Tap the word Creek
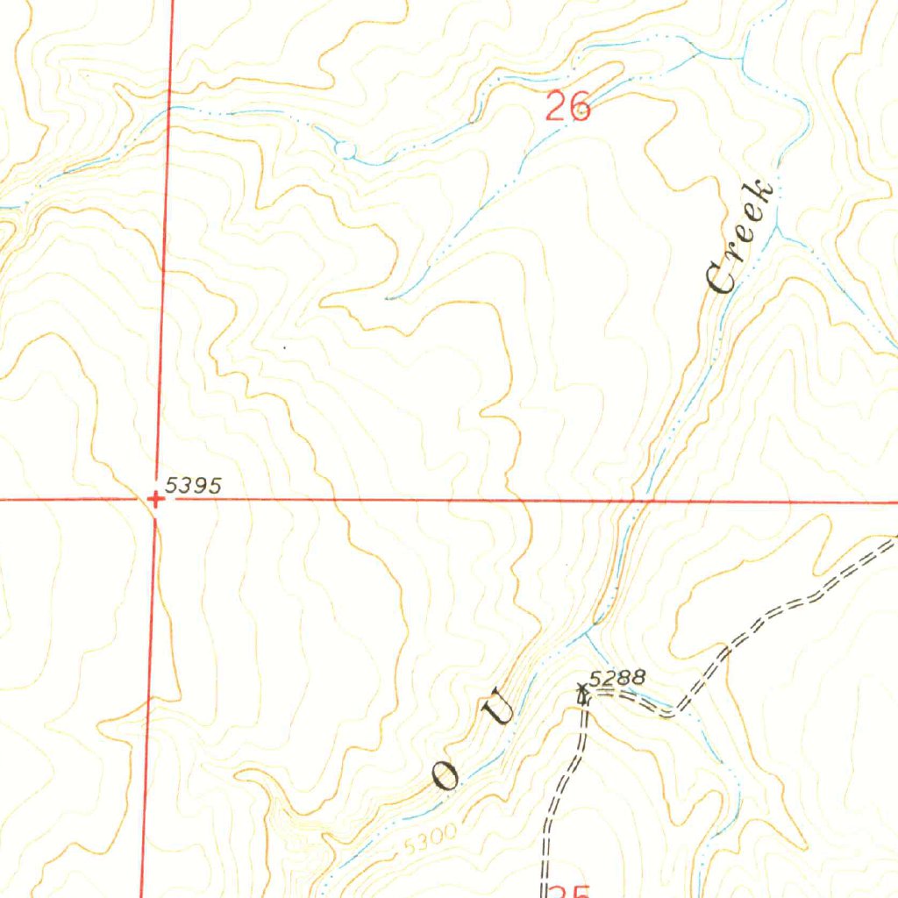(x=741, y=237)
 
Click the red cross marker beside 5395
(x=155, y=500)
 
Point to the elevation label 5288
(x=617, y=677)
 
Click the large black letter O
(x=445, y=775)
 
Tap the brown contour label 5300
(x=431, y=844)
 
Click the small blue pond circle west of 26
(x=346, y=150)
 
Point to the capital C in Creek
(x=723, y=279)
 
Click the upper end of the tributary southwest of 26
(x=388, y=298)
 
